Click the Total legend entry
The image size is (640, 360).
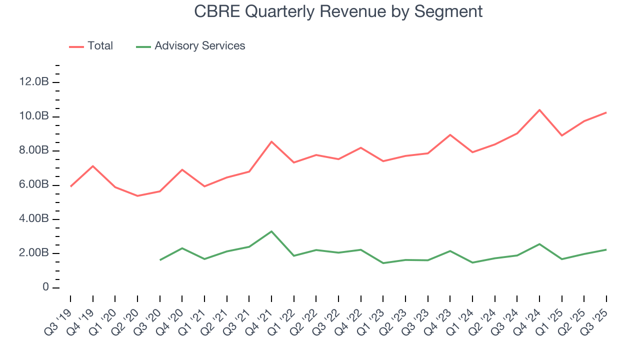point(100,46)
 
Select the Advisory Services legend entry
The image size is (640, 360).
point(199,46)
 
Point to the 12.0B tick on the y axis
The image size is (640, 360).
point(34,82)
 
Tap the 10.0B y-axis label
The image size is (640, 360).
point(34,116)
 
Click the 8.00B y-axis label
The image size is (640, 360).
point(34,150)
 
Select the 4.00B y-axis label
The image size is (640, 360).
point(34,219)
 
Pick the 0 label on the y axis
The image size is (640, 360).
point(45,287)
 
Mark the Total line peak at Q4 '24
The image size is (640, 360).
point(539,110)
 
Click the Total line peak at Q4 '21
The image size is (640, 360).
point(271,141)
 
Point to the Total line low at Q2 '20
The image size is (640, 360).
point(137,196)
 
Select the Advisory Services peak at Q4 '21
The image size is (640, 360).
point(271,231)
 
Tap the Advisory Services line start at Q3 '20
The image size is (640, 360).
point(160,260)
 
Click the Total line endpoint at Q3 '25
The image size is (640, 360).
point(606,112)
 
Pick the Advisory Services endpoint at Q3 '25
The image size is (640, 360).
point(606,249)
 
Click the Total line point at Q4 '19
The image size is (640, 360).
point(93,166)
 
